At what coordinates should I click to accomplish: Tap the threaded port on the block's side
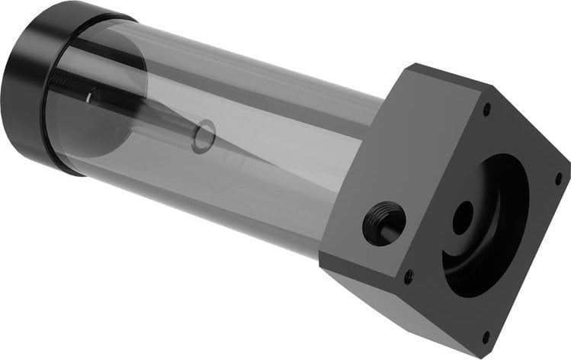coord(383,223)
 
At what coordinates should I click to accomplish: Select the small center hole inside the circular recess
coord(463,218)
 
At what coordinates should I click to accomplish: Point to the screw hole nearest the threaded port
coord(409,276)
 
